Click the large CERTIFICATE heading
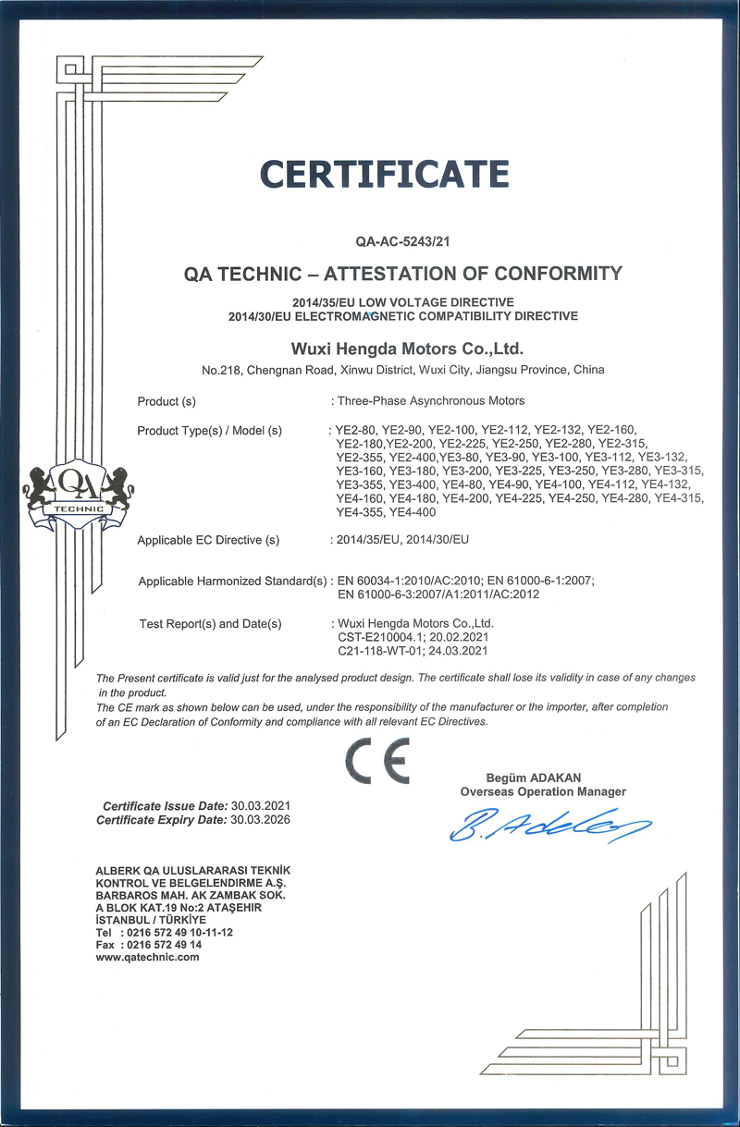point(384,174)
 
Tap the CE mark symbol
point(376,762)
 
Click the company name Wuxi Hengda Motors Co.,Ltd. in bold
point(408,349)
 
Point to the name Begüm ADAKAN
point(534,778)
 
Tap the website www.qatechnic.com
point(148,957)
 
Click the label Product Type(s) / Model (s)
point(209,431)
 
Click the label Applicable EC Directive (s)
point(208,540)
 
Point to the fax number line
point(149,945)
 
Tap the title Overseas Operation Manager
point(543,791)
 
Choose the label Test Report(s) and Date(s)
point(210,624)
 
